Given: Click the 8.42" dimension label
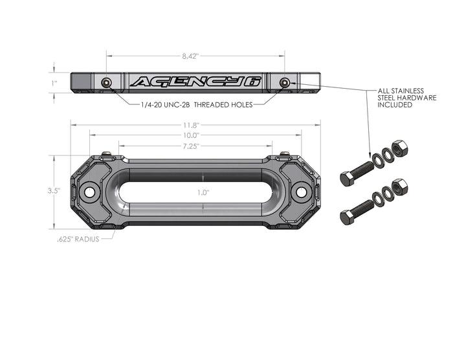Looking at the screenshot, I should [x=190, y=56].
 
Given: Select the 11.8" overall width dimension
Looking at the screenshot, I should [x=191, y=125].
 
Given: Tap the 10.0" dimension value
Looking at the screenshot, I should [x=191, y=135].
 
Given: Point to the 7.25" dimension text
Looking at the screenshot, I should [x=191, y=146].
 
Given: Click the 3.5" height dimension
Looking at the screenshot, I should [x=54, y=191].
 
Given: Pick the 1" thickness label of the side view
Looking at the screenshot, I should [x=55, y=83].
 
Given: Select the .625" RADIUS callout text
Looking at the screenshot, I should [x=78, y=238].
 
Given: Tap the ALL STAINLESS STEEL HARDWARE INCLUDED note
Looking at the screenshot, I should [x=406, y=98].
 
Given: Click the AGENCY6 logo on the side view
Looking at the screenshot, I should [x=195, y=82].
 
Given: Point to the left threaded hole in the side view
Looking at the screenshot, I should [x=107, y=82].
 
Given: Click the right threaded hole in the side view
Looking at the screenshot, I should [x=285, y=82].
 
